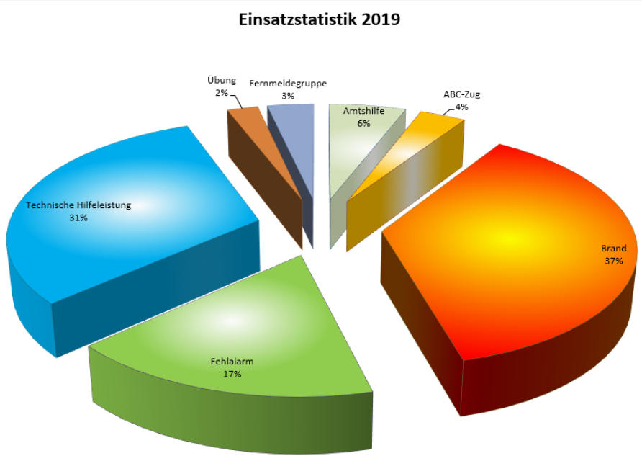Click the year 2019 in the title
(x=379, y=19)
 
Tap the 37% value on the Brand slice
(x=614, y=261)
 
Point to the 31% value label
(x=78, y=218)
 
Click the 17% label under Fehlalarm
(x=231, y=375)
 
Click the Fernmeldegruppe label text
(x=288, y=83)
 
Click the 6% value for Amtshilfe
(x=363, y=123)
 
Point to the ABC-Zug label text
(x=462, y=94)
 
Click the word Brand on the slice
(x=614, y=249)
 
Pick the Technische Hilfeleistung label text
(x=78, y=205)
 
